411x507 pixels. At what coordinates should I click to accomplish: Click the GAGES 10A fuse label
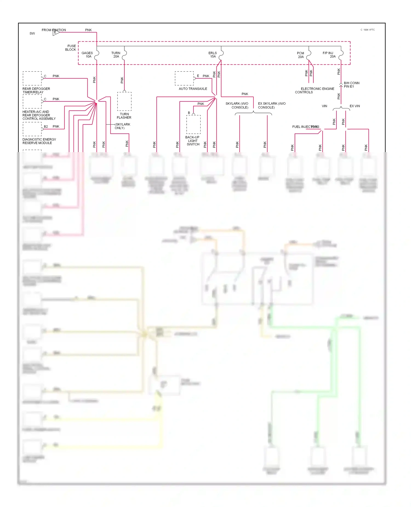87,55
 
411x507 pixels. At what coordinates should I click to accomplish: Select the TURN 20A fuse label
116,55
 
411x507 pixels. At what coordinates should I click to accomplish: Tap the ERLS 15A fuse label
213,55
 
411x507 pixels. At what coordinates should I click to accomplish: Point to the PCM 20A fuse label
301,55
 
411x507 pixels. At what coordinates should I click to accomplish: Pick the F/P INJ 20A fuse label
329,55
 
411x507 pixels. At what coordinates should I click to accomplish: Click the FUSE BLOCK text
71,48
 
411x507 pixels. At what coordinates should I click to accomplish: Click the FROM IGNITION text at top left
54,30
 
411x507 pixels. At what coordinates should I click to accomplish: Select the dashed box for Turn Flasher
124,101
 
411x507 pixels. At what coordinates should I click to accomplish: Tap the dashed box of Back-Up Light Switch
193,124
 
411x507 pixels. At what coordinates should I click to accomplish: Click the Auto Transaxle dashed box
184,78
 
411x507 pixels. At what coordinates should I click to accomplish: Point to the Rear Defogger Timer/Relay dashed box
32,78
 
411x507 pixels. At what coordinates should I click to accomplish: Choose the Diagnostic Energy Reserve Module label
39,141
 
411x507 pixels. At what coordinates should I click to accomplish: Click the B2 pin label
46,127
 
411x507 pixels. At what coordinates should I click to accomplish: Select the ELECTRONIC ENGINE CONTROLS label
314,90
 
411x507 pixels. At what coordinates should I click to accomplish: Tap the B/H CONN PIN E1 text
351,85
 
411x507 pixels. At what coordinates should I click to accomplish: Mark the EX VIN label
355,106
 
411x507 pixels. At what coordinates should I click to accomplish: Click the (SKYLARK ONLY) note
122,126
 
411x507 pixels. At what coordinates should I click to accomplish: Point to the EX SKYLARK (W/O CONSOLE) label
272,106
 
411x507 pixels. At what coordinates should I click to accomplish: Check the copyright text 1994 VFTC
368,30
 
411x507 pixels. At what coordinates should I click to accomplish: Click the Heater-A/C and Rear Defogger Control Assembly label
39,115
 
